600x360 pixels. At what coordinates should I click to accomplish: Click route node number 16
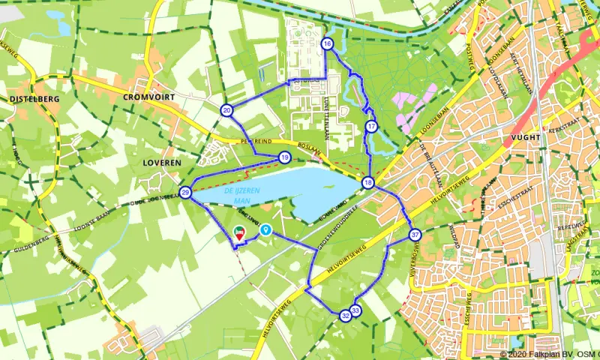pyautogui.click(x=327, y=44)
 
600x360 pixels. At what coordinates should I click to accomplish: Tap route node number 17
pyautogui.click(x=371, y=127)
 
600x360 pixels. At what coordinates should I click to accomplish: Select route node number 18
pyautogui.click(x=367, y=182)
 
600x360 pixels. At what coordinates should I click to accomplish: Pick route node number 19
pyautogui.click(x=284, y=157)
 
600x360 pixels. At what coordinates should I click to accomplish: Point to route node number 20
pyautogui.click(x=226, y=110)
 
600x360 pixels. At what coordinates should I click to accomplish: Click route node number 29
pyautogui.click(x=185, y=193)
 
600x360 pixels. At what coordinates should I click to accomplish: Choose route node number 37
pyautogui.click(x=415, y=235)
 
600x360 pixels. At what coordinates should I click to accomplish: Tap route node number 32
pyautogui.click(x=345, y=316)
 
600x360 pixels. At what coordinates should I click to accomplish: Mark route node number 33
pyautogui.click(x=355, y=310)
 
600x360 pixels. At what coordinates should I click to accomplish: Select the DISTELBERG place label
pyautogui.click(x=34, y=98)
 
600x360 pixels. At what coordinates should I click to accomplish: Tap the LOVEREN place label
pyautogui.click(x=161, y=161)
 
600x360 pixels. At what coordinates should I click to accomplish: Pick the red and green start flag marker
pyautogui.click(x=240, y=233)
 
